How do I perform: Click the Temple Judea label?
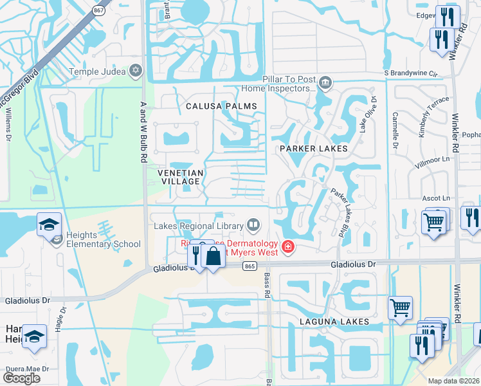(98, 71)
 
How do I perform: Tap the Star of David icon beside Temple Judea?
(136, 71)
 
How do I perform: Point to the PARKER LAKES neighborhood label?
(313, 149)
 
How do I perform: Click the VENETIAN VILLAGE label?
(181, 178)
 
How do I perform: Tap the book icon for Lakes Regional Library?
(254, 225)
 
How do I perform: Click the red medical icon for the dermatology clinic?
(288, 246)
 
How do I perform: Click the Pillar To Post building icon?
(325, 82)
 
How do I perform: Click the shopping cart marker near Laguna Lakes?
(401, 308)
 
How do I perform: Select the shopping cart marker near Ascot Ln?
(434, 223)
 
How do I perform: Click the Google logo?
(21, 378)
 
